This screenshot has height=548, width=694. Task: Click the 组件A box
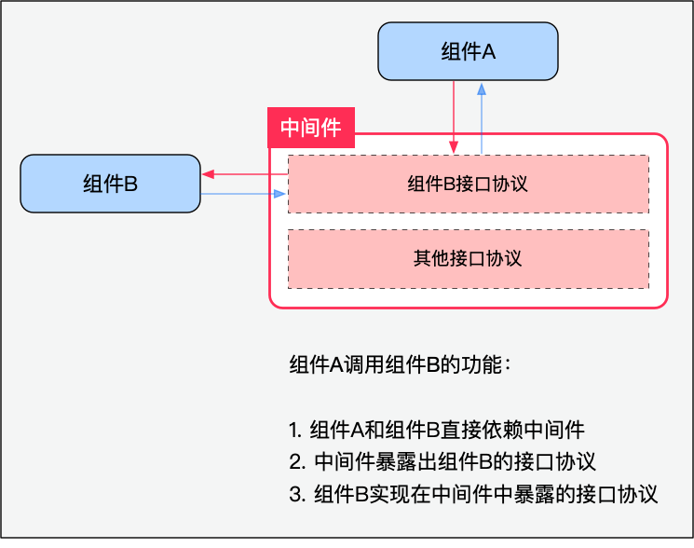pos(468,51)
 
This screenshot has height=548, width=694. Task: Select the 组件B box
pos(110,184)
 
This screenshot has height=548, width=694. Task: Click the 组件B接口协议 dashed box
pos(468,184)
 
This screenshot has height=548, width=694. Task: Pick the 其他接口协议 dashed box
pos(468,258)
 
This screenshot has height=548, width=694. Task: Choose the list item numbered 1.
pos(436,430)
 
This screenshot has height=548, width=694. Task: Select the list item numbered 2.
pos(442,461)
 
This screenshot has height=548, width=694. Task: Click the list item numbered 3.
pos(473,494)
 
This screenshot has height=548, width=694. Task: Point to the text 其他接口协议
pos(468,258)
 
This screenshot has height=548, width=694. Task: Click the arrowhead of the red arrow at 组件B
pos(207,173)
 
